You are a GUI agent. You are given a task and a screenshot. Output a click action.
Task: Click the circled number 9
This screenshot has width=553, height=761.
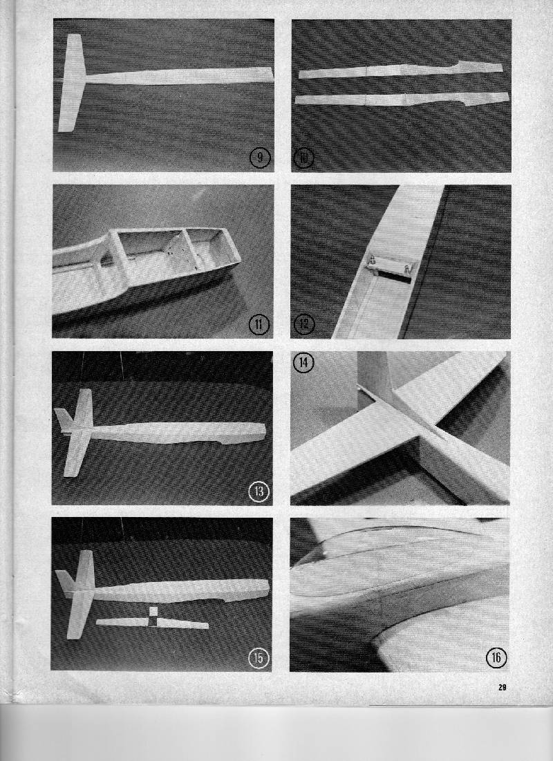[x=260, y=158]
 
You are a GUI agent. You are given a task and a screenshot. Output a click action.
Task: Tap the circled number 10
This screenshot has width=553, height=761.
[x=304, y=158]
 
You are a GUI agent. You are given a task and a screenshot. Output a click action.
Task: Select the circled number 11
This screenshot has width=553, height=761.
[x=259, y=323]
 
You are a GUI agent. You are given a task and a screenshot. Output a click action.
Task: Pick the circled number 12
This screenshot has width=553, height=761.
[x=304, y=323]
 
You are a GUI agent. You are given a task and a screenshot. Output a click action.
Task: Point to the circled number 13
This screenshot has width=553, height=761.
[x=259, y=492]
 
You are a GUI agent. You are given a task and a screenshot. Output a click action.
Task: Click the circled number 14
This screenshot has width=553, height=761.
[x=304, y=363]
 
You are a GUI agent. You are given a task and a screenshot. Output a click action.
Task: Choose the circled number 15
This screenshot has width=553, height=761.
[x=259, y=657]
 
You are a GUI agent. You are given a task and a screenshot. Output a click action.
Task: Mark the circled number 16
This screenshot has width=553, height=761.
[x=496, y=657]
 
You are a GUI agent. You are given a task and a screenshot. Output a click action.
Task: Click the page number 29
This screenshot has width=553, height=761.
[x=502, y=687]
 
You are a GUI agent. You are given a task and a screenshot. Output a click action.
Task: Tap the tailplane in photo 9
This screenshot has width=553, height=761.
[x=71, y=83]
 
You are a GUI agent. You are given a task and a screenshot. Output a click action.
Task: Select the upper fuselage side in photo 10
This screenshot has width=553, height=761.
[x=400, y=71]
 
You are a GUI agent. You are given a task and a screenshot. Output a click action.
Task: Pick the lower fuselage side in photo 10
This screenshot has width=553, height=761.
[x=402, y=99]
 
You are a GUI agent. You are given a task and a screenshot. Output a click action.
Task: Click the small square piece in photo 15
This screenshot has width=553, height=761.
[x=153, y=612]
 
